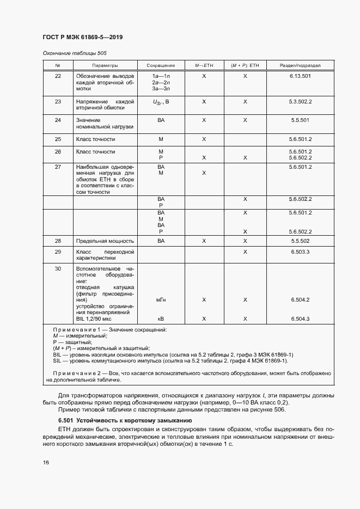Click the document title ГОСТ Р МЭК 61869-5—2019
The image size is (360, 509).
point(82,37)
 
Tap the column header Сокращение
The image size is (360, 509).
point(161,65)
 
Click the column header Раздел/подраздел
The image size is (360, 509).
point(300,65)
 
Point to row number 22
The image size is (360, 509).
point(58,76)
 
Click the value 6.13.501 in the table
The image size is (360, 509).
point(300,76)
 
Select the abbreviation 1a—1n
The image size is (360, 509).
point(161,76)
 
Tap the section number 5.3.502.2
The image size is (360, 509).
point(300,102)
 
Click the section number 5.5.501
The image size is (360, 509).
point(300,120)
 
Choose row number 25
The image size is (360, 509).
point(58,139)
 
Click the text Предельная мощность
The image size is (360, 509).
point(105,241)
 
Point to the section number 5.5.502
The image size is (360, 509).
point(300,241)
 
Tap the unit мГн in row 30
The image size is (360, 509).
point(161,300)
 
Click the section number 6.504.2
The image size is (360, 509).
point(300,300)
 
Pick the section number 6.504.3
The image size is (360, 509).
point(300,319)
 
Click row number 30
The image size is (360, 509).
point(58,269)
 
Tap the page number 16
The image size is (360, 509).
point(45,463)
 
